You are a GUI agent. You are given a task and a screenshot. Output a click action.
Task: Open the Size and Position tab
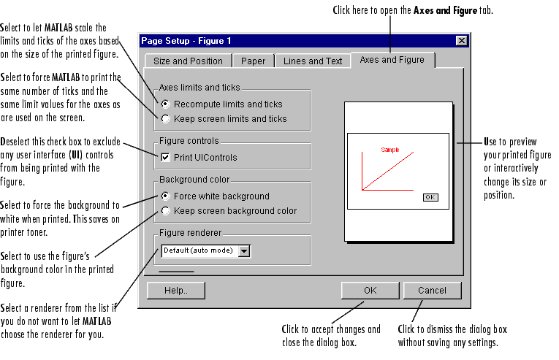(x=188, y=61)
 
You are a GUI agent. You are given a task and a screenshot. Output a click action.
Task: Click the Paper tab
(x=254, y=61)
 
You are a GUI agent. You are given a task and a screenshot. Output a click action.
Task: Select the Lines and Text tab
(x=312, y=61)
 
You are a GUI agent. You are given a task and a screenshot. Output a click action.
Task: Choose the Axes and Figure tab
(x=392, y=59)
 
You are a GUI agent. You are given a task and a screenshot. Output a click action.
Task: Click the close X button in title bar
(x=461, y=41)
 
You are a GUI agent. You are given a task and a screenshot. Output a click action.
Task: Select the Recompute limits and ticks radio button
(x=166, y=104)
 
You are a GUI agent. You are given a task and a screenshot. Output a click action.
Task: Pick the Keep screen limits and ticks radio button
(x=166, y=118)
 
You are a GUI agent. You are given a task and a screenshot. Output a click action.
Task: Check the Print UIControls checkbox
(x=166, y=157)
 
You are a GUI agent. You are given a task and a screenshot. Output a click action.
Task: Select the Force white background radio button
(x=166, y=196)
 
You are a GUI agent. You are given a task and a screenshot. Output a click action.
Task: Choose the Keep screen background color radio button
(x=166, y=211)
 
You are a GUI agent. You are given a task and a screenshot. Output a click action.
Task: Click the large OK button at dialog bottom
(x=370, y=290)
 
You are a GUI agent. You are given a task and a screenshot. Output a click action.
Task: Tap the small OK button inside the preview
(x=430, y=197)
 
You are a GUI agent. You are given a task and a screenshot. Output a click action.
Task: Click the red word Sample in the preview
(x=390, y=150)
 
